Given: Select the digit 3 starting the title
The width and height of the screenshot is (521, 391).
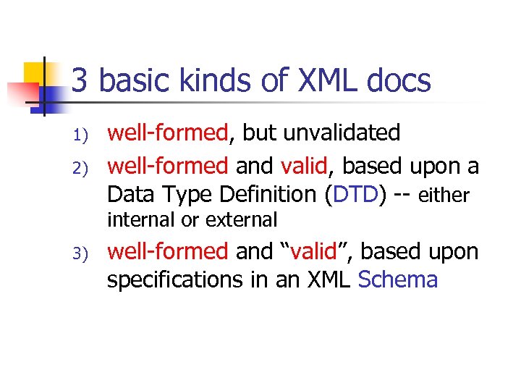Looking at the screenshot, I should pos(80,81).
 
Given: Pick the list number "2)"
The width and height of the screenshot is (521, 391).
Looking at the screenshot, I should pos(80,168).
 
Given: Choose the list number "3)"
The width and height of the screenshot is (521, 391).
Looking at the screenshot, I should pos(80,253).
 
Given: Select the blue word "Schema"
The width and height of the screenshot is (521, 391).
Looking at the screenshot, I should pos(398,279).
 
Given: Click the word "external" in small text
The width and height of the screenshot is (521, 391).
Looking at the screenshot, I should pos(241,219).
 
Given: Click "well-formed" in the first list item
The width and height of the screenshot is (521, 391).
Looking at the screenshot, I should pos(167,133).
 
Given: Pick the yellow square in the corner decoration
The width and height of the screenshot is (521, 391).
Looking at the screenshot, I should pos(34,72).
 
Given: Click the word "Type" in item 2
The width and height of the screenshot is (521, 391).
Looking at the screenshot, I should pos(178,194).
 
